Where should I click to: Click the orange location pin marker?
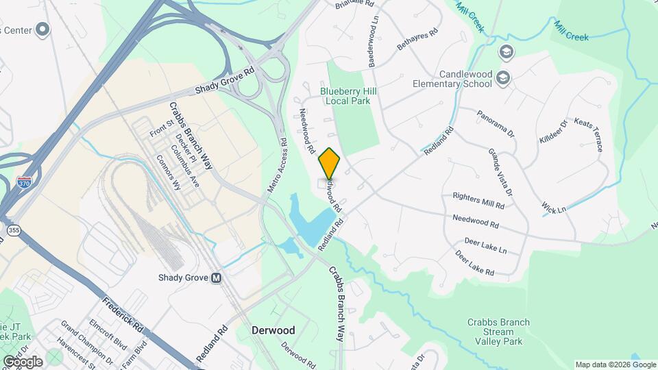(330, 163)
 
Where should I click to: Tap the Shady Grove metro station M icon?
(217, 278)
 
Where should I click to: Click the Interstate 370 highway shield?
(23, 182)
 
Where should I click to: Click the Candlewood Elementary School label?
(452, 79)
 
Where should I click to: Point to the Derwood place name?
(273, 330)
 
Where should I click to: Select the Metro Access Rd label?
(276, 165)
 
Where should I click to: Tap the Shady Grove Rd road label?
(224, 80)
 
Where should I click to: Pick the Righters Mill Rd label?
(478, 200)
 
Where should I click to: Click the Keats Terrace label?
(589, 134)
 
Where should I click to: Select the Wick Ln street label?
(554, 207)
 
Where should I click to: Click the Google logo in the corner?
(23, 362)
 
